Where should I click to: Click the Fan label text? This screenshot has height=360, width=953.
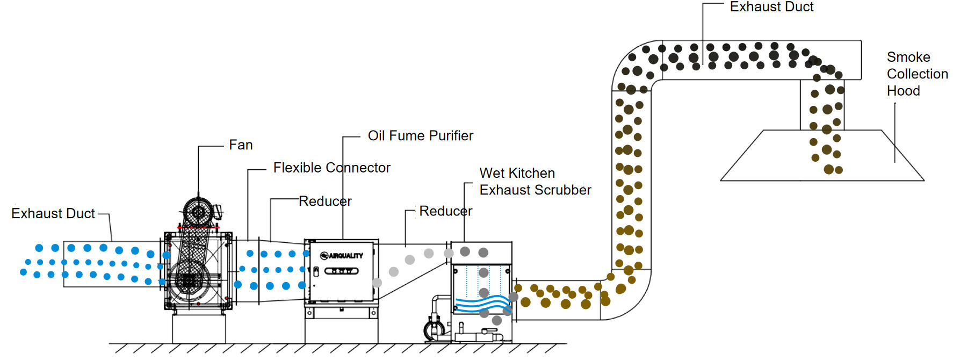click(241, 145)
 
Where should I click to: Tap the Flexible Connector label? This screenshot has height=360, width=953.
click(331, 168)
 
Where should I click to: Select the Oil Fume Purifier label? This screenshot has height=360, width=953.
click(421, 136)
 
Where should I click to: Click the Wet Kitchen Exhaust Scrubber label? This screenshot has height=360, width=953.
click(535, 182)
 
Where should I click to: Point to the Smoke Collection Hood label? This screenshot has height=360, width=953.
click(917, 74)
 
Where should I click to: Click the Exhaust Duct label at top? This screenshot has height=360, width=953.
click(771, 7)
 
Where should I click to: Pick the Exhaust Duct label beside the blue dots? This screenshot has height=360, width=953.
click(53, 214)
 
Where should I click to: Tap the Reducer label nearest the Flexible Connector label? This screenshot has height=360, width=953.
click(325, 201)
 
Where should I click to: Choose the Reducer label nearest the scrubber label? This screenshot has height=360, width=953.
click(446, 211)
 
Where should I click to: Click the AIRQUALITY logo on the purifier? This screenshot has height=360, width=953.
click(342, 256)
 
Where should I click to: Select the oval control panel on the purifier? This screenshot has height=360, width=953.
click(341, 271)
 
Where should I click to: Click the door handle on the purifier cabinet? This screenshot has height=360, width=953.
click(316, 271)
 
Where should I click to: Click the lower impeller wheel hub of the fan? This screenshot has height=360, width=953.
click(189, 280)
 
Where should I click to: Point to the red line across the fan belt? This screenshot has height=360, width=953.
click(198, 228)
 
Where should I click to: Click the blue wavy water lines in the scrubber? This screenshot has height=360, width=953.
click(482, 305)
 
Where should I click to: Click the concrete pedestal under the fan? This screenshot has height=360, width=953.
click(199, 329)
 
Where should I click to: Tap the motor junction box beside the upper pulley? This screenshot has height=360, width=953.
click(218, 212)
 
